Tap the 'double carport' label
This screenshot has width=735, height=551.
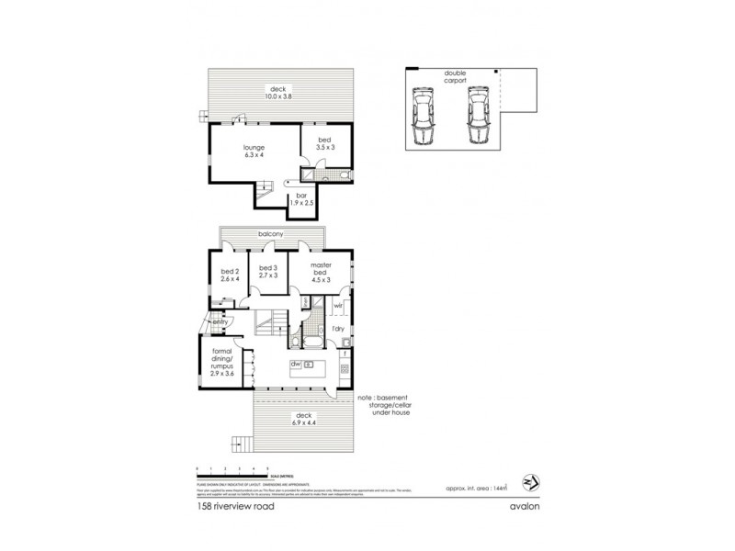[x=456, y=78]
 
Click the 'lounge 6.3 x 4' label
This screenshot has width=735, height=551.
[x=254, y=152]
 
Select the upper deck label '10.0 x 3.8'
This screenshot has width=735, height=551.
[x=281, y=93]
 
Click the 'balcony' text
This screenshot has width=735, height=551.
[x=269, y=236]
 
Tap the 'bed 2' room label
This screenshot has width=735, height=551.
[x=230, y=275]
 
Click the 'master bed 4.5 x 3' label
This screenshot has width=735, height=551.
[x=320, y=271]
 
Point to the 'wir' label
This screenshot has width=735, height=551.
[x=338, y=305]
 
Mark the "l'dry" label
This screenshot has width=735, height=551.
[x=338, y=329]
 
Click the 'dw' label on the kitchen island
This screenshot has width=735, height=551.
[x=296, y=365]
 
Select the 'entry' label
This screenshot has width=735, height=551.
[x=220, y=322]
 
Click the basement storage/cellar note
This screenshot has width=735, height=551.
[x=386, y=405]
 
